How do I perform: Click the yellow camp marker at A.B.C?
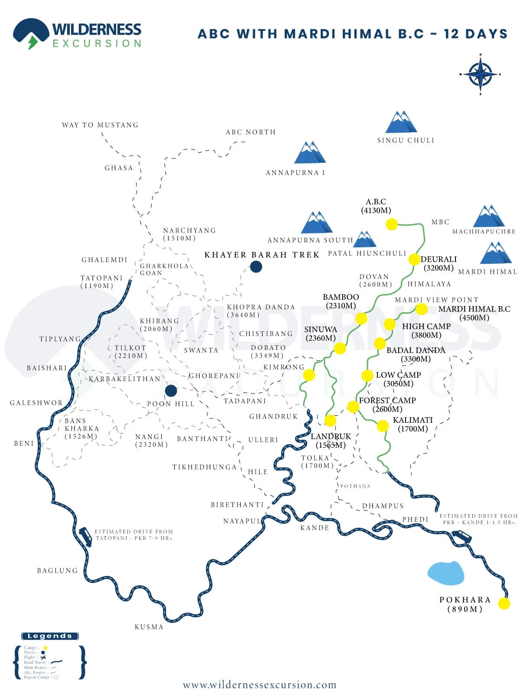pos(392,224)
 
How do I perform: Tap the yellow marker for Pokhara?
pos(504,603)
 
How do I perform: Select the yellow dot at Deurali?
pos(414,259)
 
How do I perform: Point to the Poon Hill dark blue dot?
pos(171,391)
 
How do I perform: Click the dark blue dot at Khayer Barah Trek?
pos(256,266)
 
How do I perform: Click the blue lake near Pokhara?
pos(446,573)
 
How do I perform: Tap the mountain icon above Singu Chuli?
pos(401,122)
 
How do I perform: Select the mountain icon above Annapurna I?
pos(310,152)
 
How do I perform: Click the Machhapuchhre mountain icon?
pos(489,216)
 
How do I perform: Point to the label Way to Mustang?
pos(100,125)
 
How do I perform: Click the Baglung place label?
pos(57,571)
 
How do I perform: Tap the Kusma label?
pos(149,627)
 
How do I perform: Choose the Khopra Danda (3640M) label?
pos(261,311)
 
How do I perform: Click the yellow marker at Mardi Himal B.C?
pos(421,309)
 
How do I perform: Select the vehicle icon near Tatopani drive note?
pos(85,537)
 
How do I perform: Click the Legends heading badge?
pos(50,636)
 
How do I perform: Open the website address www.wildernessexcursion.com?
pos(260,685)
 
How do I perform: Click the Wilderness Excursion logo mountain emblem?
pos(31,33)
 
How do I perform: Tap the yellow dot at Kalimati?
pos(383,426)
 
